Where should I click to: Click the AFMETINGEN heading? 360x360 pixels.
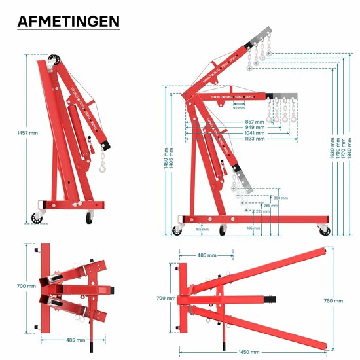(x=68, y=21)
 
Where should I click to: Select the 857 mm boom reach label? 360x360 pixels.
(x=255, y=122)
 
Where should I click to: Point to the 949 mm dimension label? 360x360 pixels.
(x=255, y=128)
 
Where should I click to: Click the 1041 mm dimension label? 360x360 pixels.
(x=255, y=133)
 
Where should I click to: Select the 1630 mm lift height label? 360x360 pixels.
(x=333, y=149)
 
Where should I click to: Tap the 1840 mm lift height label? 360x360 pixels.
(x=350, y=149)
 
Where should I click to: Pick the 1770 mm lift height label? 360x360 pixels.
(x=344, y=149)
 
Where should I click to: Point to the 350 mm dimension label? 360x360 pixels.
(x=280, y=198)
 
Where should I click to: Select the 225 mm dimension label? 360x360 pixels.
(x=262, y=212)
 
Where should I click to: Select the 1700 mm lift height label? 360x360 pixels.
(x=338, y=149)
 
